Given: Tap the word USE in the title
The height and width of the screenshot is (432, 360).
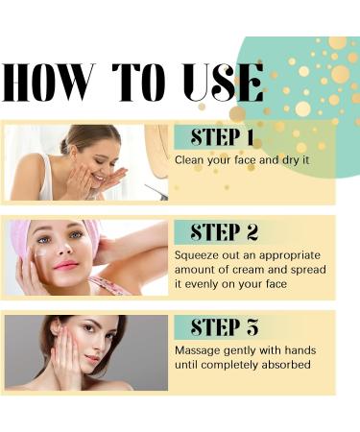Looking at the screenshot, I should pos(221,83).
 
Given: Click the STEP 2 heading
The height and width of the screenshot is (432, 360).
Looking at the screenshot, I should pos(224,232).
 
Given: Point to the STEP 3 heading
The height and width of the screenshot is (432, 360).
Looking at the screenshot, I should pos(224,327).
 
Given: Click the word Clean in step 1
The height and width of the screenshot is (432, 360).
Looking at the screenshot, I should pos(190,159).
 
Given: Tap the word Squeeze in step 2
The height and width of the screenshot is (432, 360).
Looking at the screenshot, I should pos(196,254).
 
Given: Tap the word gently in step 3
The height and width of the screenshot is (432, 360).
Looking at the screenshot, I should pos(246,350).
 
